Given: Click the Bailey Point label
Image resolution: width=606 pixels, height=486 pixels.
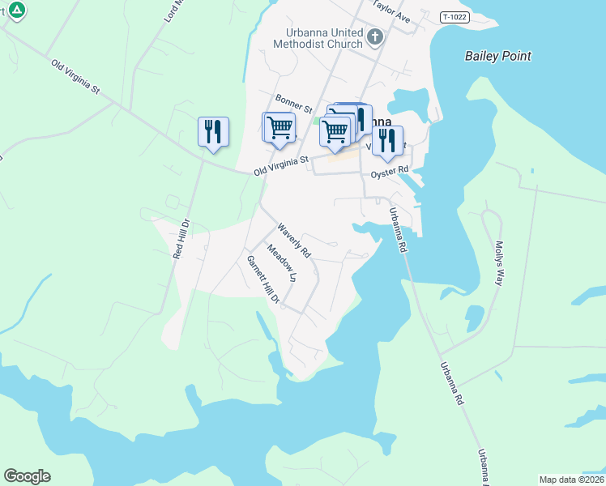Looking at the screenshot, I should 498,56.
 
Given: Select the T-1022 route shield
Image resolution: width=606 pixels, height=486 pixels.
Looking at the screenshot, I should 456,16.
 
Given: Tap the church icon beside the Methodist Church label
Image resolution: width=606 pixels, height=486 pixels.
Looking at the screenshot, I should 374,36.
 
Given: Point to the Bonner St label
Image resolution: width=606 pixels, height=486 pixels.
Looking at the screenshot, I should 293,103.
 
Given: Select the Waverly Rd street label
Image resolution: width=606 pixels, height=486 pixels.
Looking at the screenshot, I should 294,240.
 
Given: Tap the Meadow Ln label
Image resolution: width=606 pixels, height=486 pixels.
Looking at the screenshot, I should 283,264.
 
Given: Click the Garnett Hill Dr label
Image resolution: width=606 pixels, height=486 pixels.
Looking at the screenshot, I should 263,280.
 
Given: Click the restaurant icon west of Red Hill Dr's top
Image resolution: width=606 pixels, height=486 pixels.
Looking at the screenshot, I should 214,131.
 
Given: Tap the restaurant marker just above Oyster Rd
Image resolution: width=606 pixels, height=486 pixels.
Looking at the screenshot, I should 387,140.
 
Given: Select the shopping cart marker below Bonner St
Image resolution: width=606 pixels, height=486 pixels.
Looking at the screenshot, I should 280,127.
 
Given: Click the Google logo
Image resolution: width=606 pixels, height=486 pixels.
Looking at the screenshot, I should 27,476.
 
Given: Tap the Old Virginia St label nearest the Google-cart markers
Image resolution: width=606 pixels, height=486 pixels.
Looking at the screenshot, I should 281,166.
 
